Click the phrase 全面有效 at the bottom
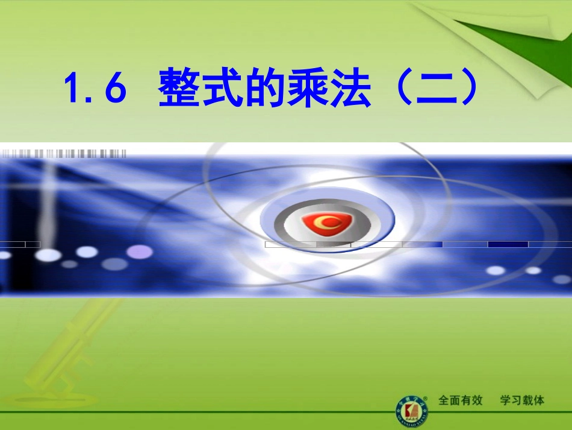pyautogui.click(x=461, y=400)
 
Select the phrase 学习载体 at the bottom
pyautogui.click(x=522, y=400)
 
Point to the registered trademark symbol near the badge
pyautogui.click(x=426, y=397)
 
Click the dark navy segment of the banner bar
pyautogui.click(x=508, y=244)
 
